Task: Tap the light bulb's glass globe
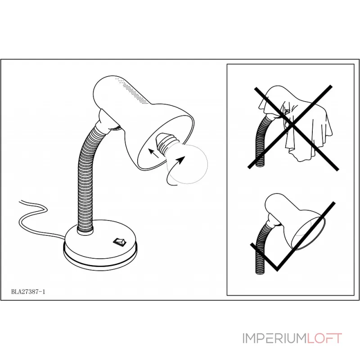tap(187, 164)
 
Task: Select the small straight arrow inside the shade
tap(153, 153)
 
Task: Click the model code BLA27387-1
tap(28, 292)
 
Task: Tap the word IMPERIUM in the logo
tap(274, 338)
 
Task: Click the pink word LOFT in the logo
tap(324, 338)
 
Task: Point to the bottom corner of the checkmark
tap(277, 269)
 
